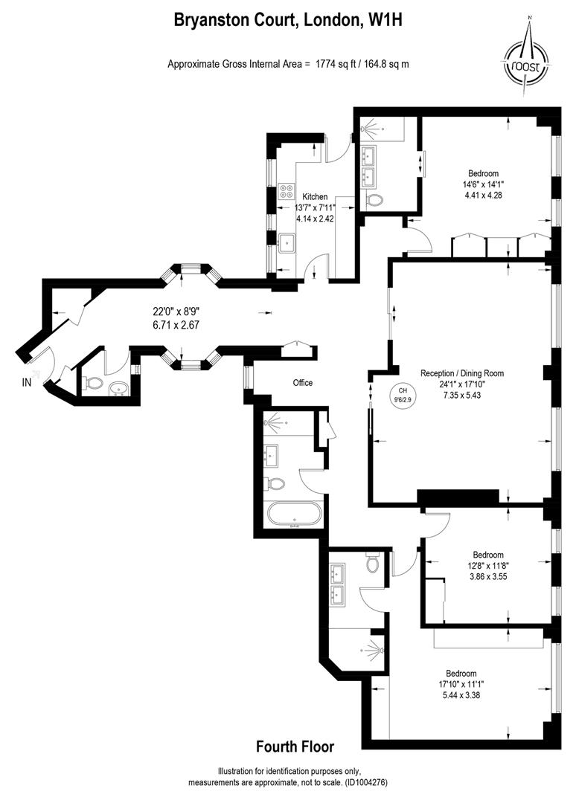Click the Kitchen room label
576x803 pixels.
[x=315, y=196]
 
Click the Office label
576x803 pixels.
[x=302, y=383]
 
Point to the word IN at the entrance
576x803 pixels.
[x=28, y=382]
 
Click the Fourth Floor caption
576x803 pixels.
[x=295, y=746]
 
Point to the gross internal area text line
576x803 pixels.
[x=288, y=64]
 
